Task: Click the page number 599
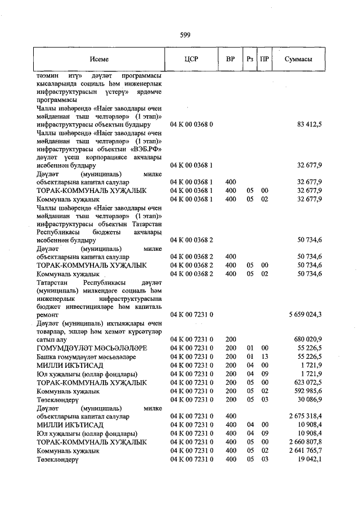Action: tap(185, 35)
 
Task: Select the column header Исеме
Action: tap(98, 59)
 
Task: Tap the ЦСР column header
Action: tap(191, 59)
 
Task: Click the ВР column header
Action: tap(230, 59)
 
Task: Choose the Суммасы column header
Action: tap(298, 59)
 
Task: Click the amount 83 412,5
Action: tap(309, 124)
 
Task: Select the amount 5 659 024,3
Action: tap(305, 314)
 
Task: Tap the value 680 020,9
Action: tap(308, 340)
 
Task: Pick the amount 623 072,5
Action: tap(308, 382)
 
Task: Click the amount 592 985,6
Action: tap(308, 390)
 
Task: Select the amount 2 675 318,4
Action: tap(305, 416)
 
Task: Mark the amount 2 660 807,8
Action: tap(305, 442)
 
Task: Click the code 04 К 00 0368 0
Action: tap(191, 124)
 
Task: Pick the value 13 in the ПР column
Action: tap(264, 357)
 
